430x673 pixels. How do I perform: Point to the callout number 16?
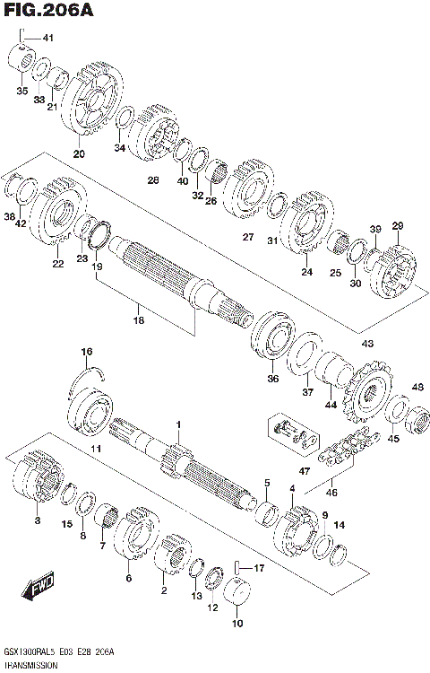point(87,351)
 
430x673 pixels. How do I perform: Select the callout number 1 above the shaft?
point(178,424)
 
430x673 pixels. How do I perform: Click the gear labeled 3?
point(36,485)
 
